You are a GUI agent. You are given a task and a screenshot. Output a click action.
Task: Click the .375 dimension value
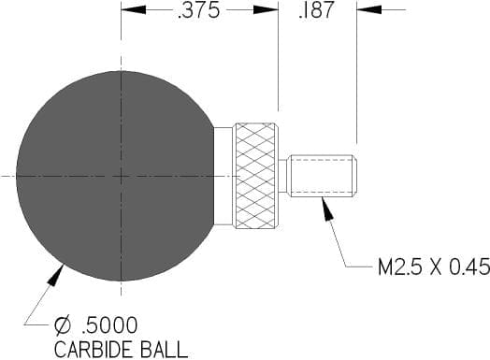click(199, 10)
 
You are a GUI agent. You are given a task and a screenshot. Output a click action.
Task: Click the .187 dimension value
click(316, 9)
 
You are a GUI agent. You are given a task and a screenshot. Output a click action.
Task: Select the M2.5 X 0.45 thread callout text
click(434, 266)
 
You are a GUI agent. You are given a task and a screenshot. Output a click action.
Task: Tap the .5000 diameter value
click(109, 325)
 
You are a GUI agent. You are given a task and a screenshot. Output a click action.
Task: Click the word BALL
click(164, 350)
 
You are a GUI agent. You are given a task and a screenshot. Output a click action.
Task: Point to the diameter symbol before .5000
click(64, 325)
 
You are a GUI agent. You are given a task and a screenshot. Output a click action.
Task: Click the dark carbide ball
click(116, 176)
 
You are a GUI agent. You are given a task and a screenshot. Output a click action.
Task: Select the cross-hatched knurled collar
click(255, 176)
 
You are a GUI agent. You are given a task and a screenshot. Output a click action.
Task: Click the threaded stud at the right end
click(324, 176)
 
